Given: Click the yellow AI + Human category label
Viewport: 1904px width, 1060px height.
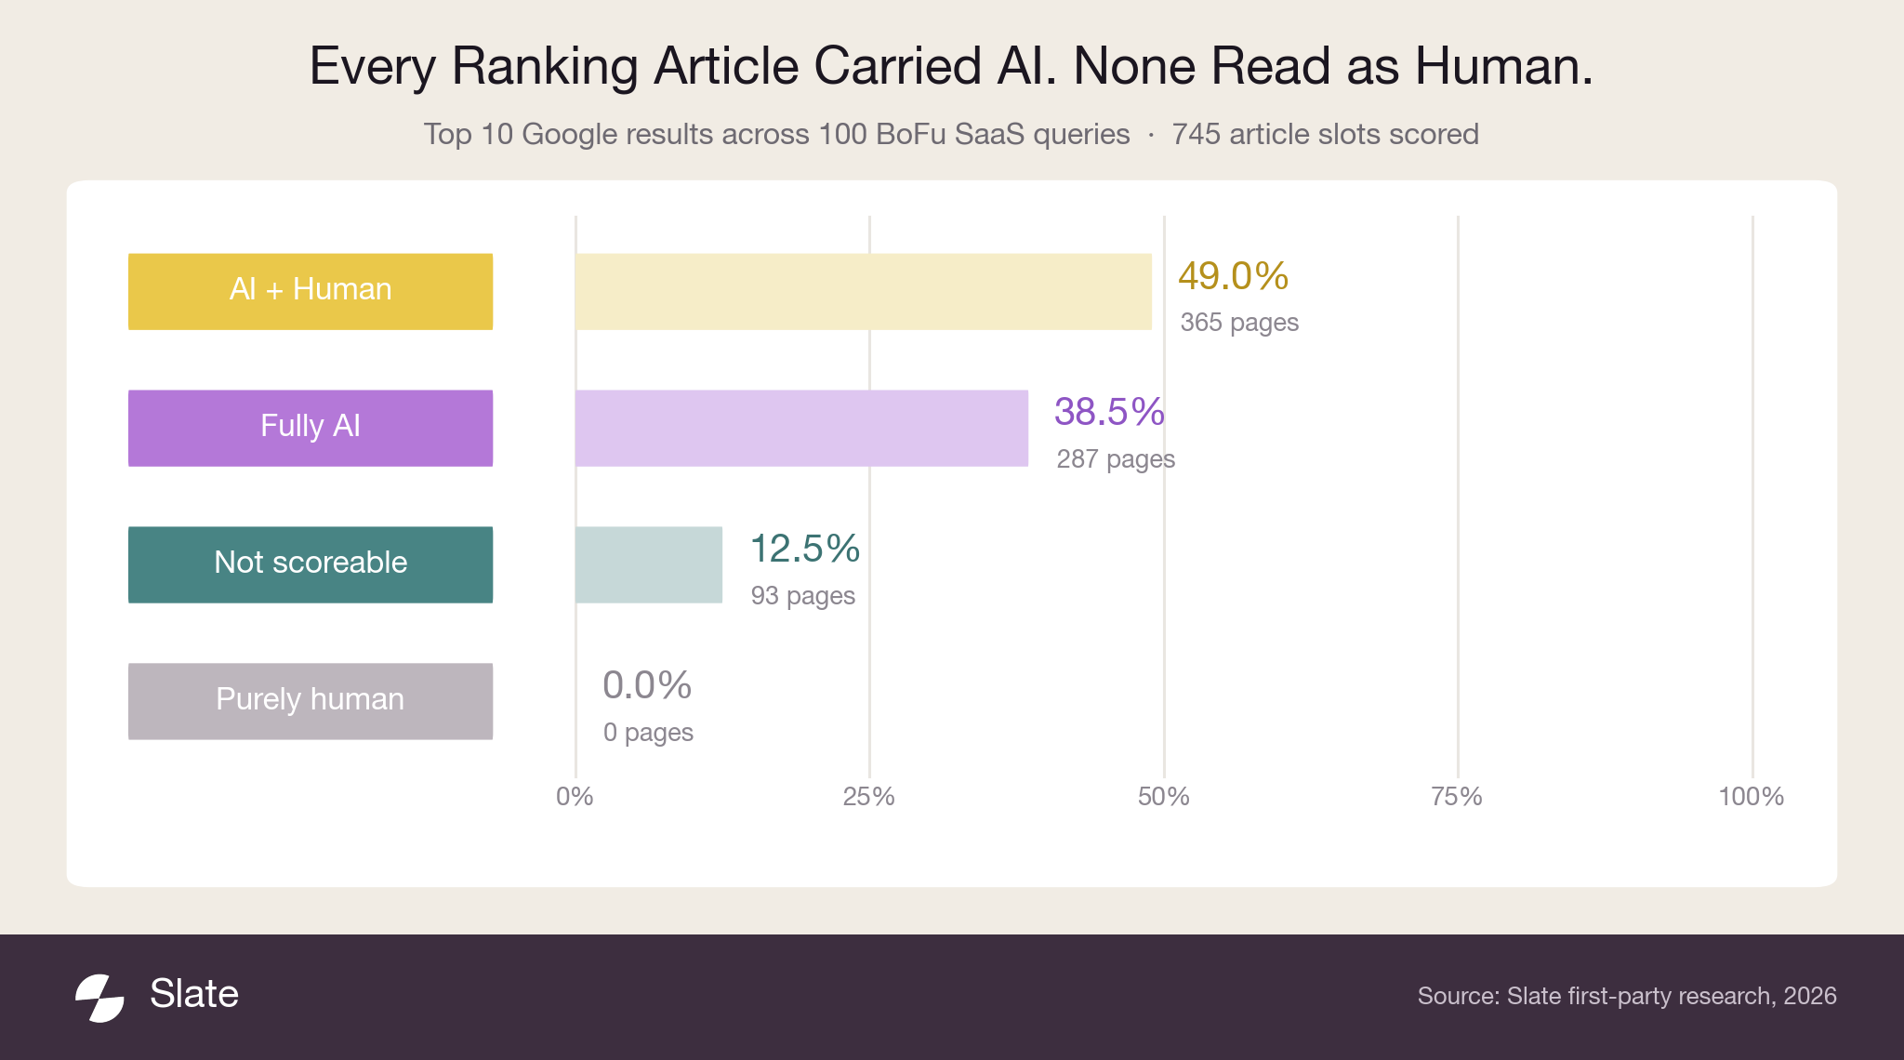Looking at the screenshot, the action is pyautogui.click(x=311, y=291).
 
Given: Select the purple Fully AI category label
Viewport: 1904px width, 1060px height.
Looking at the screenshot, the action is pyautogui.click(x=311, y=428).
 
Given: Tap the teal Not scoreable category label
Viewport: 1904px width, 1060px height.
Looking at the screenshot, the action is pyautogui.click(x=311, y=564).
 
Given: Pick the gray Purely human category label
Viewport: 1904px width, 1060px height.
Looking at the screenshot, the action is pyautogui.click(x=311, y=701).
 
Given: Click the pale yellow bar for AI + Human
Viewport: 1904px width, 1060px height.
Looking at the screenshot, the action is pyautogui.click(x=864, y=291).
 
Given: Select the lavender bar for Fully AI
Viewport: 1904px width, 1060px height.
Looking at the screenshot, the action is pyautogui.click(x=801, y=428).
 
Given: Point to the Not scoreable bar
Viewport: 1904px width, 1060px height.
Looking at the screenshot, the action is pyautogui.click(x=649, y=564).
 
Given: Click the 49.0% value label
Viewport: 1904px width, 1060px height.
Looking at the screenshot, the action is pyautogui.click(x=1233, y=275).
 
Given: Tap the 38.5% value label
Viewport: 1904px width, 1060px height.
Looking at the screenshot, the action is pyautogui.click(x=1109, y=412).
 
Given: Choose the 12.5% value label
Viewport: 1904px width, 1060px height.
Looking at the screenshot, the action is pyautogui.click(x=805, y=549).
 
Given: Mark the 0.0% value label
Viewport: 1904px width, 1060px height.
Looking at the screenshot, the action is pyautogui.click(x=647, y=685).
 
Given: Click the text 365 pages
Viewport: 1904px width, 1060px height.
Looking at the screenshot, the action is pyautogui.click(x=1239, y=323).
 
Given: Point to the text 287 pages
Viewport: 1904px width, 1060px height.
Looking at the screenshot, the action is pyautogui.click(x=1116, y=459).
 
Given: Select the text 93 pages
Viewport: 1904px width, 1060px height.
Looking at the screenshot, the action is pyautogui.click(x=803, y=596).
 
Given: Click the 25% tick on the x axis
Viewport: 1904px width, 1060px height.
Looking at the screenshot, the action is pyautogui.click(x=869, y=797).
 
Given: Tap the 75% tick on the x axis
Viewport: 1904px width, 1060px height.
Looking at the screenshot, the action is pyautogui.click(x=1457, y=797).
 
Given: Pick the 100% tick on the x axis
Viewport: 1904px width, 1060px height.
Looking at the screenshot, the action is pyautogui.click(x=1752, y=797).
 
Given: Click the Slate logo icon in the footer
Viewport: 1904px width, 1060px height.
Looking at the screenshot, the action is pyautogui.click(x=99, y=998).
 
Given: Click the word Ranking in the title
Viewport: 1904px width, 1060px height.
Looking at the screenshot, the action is pyautogui.click(x=552, y=68).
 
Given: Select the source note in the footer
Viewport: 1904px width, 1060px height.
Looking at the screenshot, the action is pyautogui.click(x=1627, y=996).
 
